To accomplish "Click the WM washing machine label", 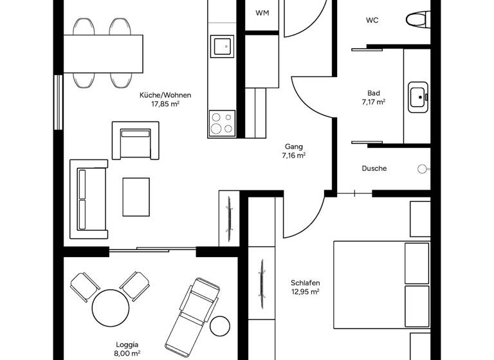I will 262,13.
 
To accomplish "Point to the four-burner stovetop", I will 222,123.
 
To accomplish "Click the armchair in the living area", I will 134,140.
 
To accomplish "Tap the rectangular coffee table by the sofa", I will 136,197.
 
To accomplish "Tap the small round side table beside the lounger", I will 220,326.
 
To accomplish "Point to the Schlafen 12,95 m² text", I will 305,287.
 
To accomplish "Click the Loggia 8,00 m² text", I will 127,348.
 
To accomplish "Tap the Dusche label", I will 374,168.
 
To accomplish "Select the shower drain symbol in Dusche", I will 421,169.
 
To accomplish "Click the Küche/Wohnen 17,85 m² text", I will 165,99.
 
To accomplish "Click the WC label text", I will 372,20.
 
